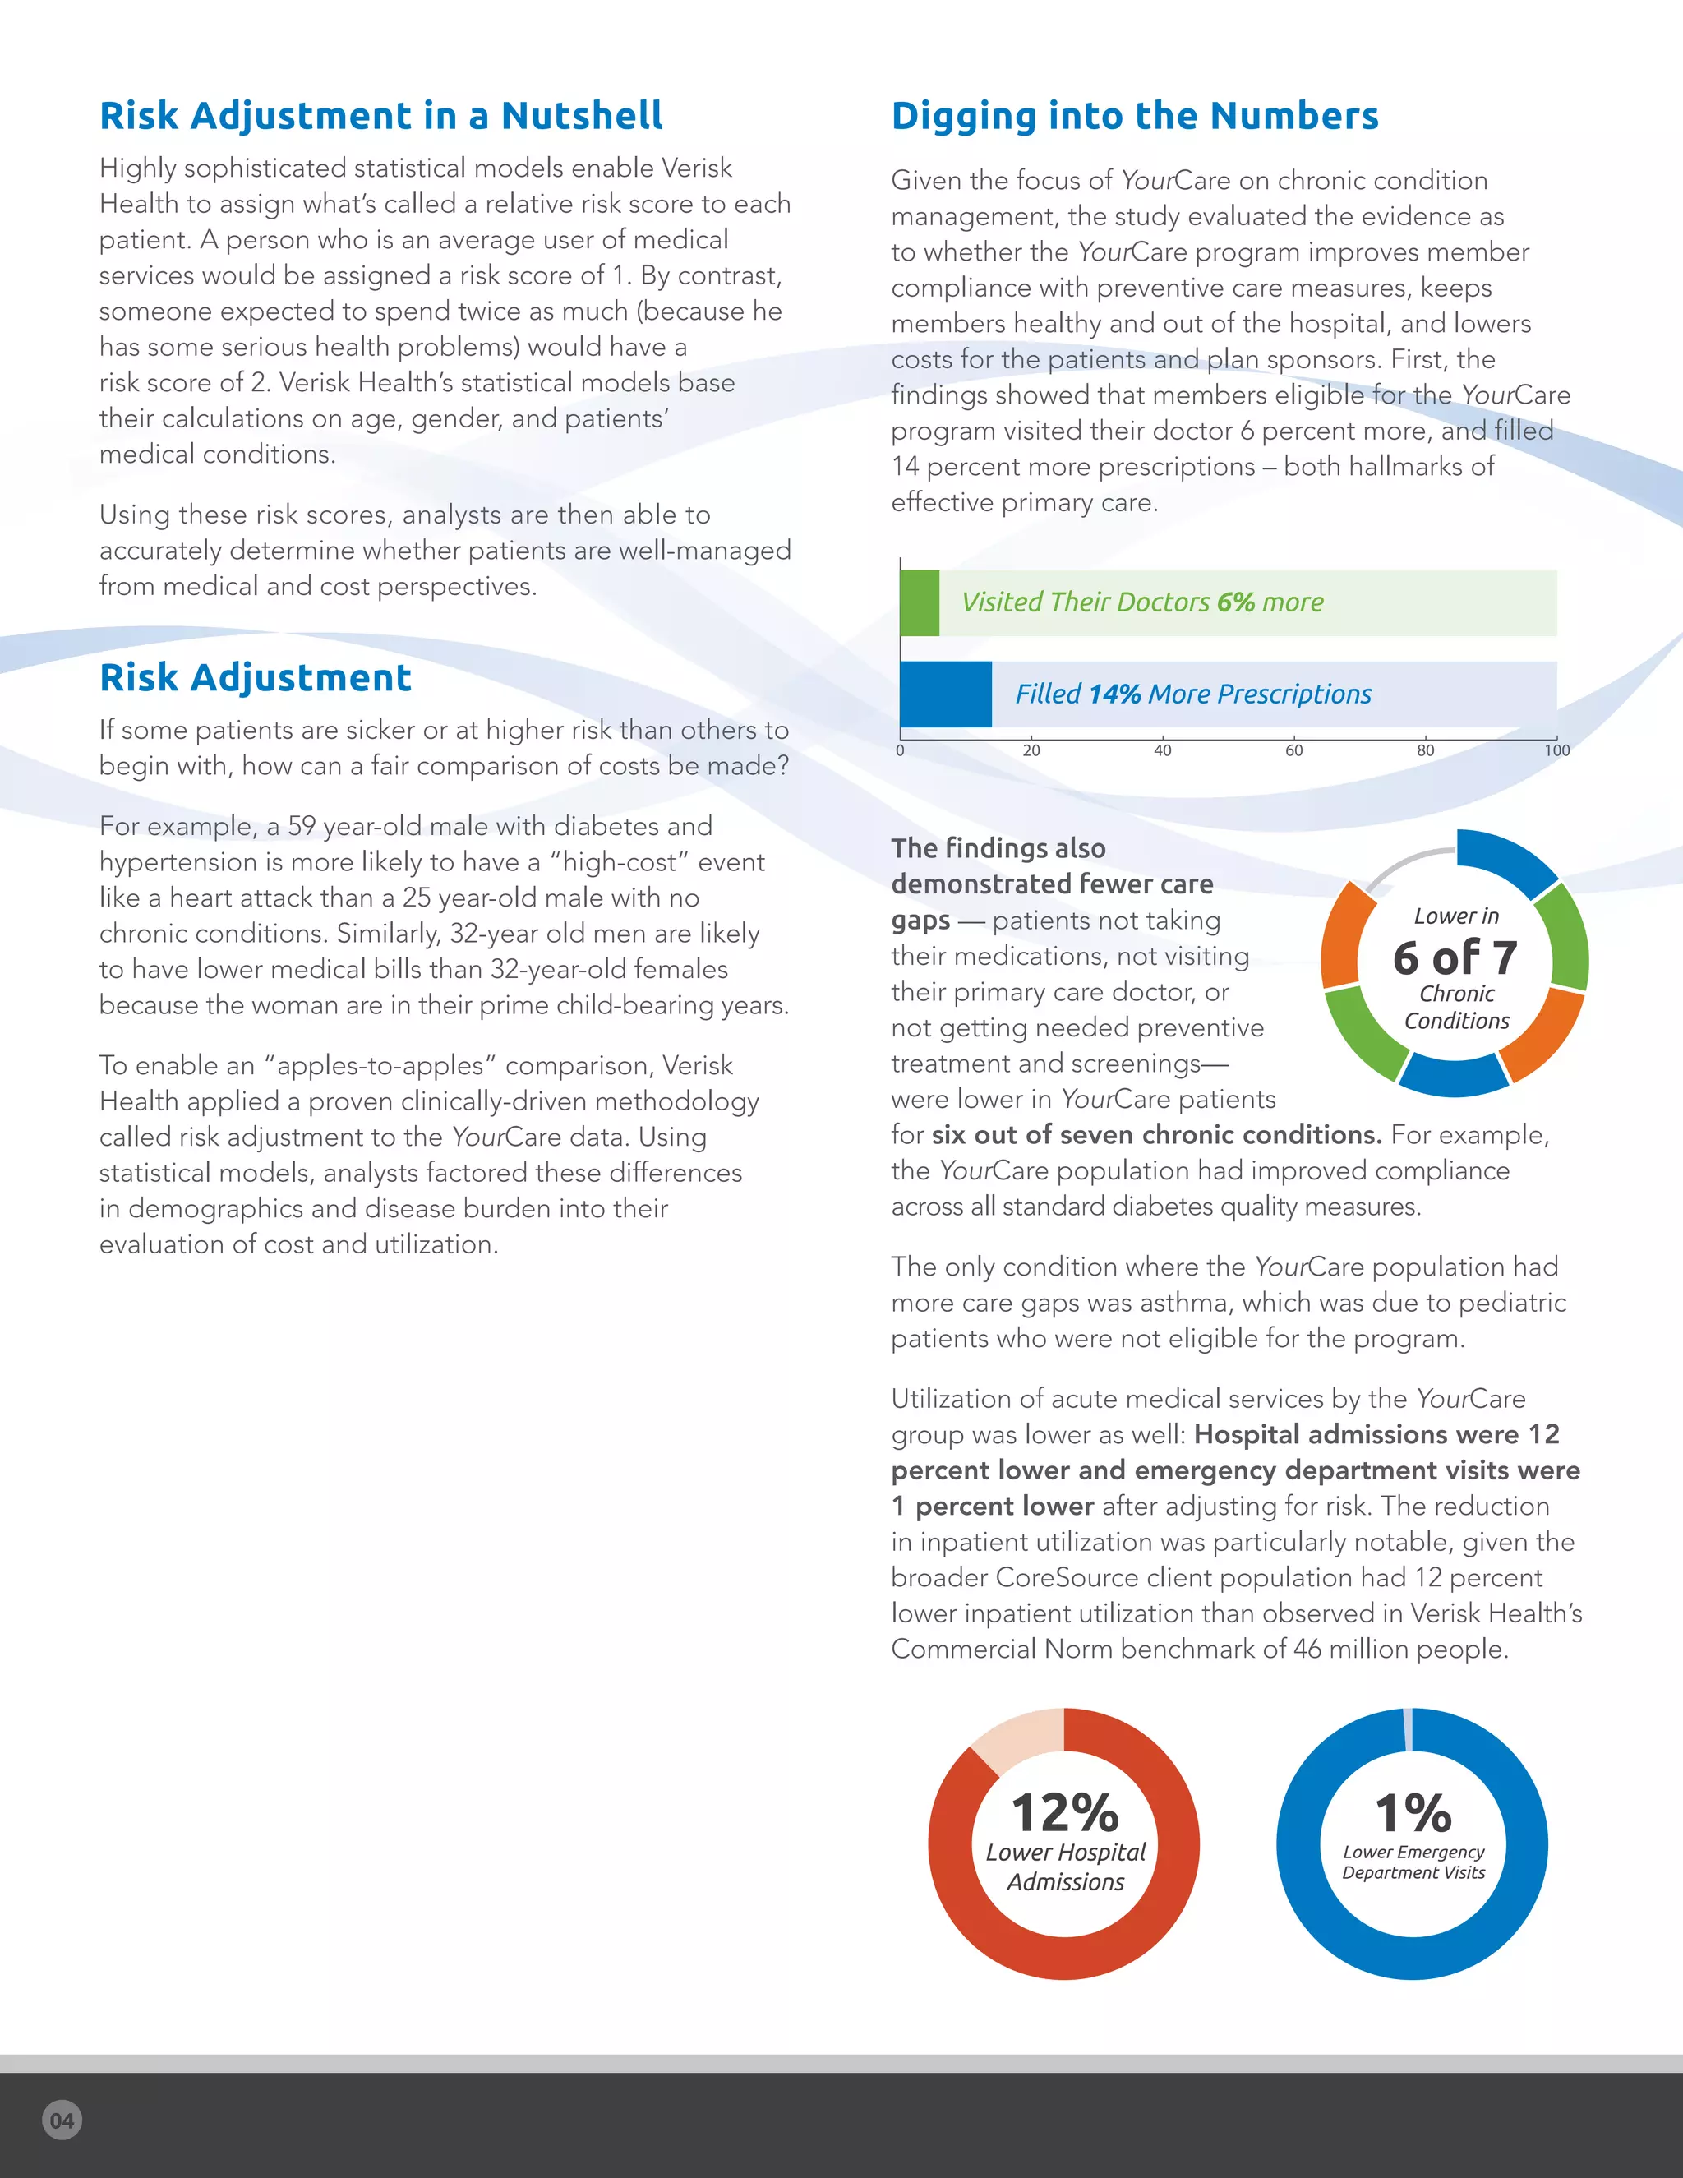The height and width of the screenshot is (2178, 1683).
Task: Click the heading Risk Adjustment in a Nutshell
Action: tap(380, 117)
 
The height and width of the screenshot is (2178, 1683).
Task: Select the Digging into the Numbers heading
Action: tap(1135, 117)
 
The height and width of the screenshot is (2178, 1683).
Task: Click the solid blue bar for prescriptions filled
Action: tap(945, 694)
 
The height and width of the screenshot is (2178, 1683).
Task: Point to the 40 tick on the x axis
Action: tap(1163, 750)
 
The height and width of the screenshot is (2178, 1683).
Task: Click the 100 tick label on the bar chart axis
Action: tap(1556, 750)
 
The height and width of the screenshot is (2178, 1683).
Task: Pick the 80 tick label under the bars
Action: tap(1426, 750)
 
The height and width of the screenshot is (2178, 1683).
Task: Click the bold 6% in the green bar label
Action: tap(1235, 602)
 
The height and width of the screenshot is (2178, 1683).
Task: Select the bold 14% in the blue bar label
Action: tap(1114, 694)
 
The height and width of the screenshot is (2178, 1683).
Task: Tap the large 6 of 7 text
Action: tap(1455, 958)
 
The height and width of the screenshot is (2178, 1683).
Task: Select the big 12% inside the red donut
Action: tap(1065, 1812)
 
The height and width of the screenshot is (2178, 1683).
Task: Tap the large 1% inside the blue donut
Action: tap(1413, 1812)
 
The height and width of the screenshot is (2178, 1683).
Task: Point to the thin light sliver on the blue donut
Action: tap(1408, 1729)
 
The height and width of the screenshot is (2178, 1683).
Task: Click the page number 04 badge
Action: tap(62, 2120)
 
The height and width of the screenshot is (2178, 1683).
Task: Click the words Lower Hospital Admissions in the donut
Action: tap(1066, 1867)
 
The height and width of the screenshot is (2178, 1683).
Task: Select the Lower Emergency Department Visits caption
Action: tap(1413, 1862)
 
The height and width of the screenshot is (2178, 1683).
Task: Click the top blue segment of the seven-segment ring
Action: tap(1505, 857)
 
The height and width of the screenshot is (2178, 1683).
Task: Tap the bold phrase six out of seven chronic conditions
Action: tap(1156, 1135)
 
